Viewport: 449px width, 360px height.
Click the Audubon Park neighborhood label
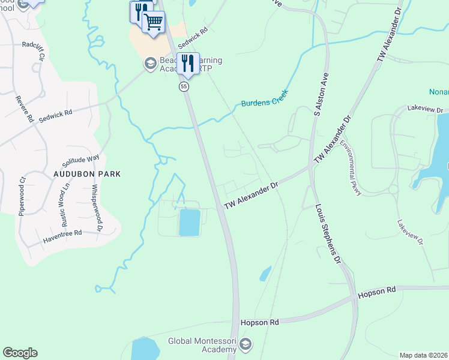87,174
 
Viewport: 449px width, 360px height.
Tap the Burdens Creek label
265,99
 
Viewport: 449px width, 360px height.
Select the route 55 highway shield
184,87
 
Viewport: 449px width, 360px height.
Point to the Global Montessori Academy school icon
245,344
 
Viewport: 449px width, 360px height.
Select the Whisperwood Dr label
95,208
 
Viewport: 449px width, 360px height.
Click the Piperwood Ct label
23,196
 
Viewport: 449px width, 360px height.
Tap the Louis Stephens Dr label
328,235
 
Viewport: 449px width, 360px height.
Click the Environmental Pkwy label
351,167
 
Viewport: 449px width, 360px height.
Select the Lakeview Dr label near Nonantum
424,110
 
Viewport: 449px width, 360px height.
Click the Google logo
20,353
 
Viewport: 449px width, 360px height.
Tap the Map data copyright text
423,355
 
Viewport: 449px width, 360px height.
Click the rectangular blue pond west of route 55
190,222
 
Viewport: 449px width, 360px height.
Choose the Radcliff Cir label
34,47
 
